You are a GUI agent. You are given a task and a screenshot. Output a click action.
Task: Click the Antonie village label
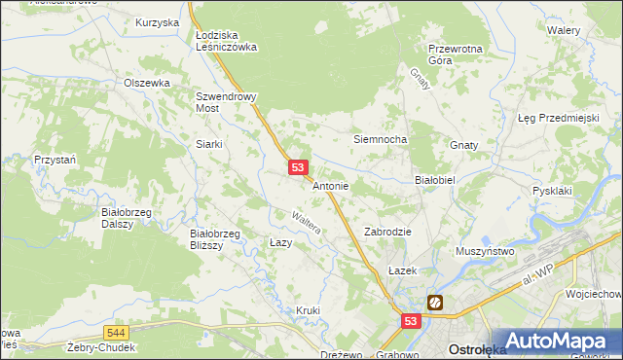pos(330,186)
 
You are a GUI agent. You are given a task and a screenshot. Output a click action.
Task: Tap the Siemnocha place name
pos(380,139)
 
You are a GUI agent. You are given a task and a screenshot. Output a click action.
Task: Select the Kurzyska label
pos(158,21)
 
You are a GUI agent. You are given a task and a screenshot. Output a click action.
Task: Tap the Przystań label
pos(55,159)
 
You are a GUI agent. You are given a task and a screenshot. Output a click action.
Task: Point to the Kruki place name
pos(308,310)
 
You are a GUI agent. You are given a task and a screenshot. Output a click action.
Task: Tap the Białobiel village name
pos(436,180)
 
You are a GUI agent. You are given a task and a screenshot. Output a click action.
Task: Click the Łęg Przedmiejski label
pos(557,118)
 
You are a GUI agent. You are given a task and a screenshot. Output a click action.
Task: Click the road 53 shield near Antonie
pos(299,168)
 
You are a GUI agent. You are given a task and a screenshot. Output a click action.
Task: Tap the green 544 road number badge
pos(116,332)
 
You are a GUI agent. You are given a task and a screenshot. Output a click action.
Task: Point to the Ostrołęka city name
pos(473,349)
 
